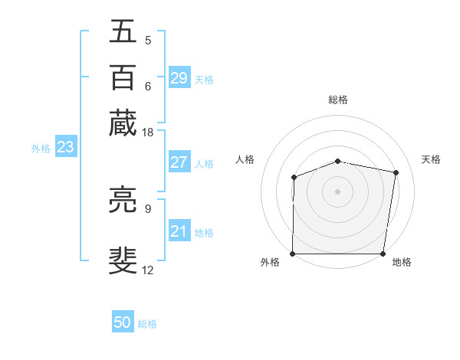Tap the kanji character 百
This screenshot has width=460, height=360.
tap(123, 77)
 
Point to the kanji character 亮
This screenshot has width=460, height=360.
tap(123, 201)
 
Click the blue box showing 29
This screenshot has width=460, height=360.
tap(179, 78)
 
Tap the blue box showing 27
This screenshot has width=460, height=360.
tap(179, 162)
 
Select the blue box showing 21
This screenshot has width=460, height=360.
tap(179, 231)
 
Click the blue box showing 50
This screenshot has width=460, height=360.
tap(123, 322)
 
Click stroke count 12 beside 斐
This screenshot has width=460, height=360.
tap(147, 270)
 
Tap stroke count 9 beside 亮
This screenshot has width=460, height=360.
tap(147, 208)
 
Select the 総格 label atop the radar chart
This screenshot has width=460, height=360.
tap(338, 100)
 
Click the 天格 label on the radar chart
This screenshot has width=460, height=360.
tap(431, 159)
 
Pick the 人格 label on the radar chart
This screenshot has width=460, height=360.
tap(245, 159)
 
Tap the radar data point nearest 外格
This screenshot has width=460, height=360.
tap(293, 254)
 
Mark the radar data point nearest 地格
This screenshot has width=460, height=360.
tap(383, 254)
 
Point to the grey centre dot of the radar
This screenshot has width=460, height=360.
tap(338, 191)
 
